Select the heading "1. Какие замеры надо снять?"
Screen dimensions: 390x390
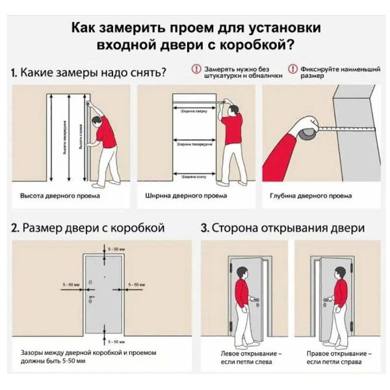88,72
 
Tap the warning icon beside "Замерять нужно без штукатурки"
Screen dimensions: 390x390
196,69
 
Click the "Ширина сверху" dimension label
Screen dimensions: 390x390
193,110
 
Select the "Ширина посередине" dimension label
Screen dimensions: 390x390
193,143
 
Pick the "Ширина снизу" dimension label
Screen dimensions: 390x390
193,175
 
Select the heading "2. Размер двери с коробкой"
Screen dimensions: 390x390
88,228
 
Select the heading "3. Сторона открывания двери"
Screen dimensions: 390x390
282,228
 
